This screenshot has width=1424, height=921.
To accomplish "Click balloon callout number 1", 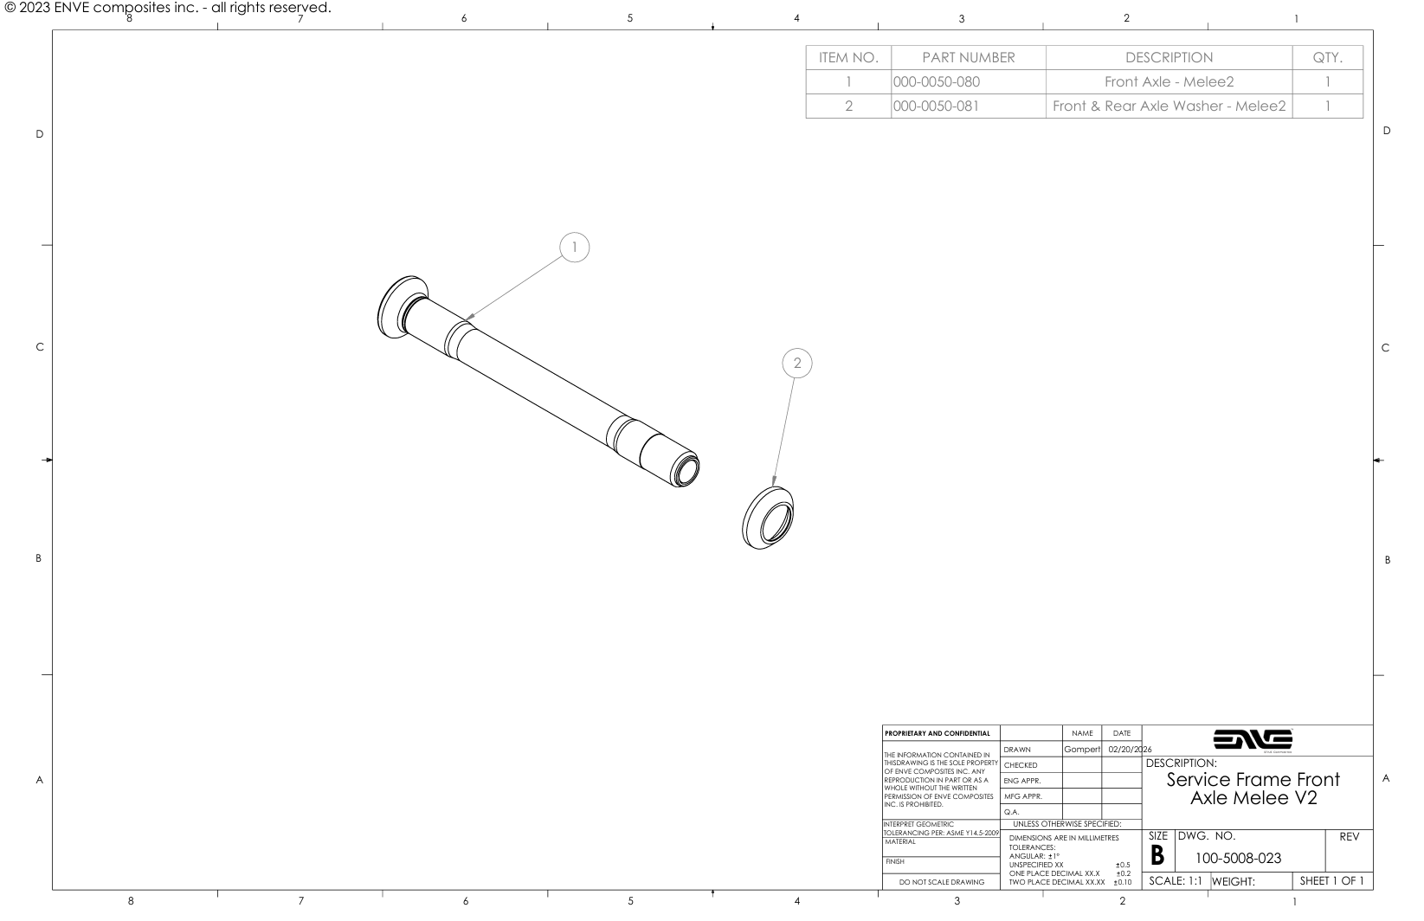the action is coord(574,248).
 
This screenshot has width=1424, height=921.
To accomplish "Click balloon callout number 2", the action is coord(797,363).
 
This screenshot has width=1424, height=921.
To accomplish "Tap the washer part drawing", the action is coord(767,518).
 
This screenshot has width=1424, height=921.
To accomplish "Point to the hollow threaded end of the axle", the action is coord(686,470).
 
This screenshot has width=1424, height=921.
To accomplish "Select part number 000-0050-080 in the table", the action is coord(937,82).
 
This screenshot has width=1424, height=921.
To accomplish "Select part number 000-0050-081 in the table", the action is coord(936,106).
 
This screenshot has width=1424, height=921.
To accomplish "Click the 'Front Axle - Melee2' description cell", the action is coord(1169,82).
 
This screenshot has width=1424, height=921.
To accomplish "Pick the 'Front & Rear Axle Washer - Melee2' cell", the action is coord(1169,106).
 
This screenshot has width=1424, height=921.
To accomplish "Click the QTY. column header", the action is coord(1327,58).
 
